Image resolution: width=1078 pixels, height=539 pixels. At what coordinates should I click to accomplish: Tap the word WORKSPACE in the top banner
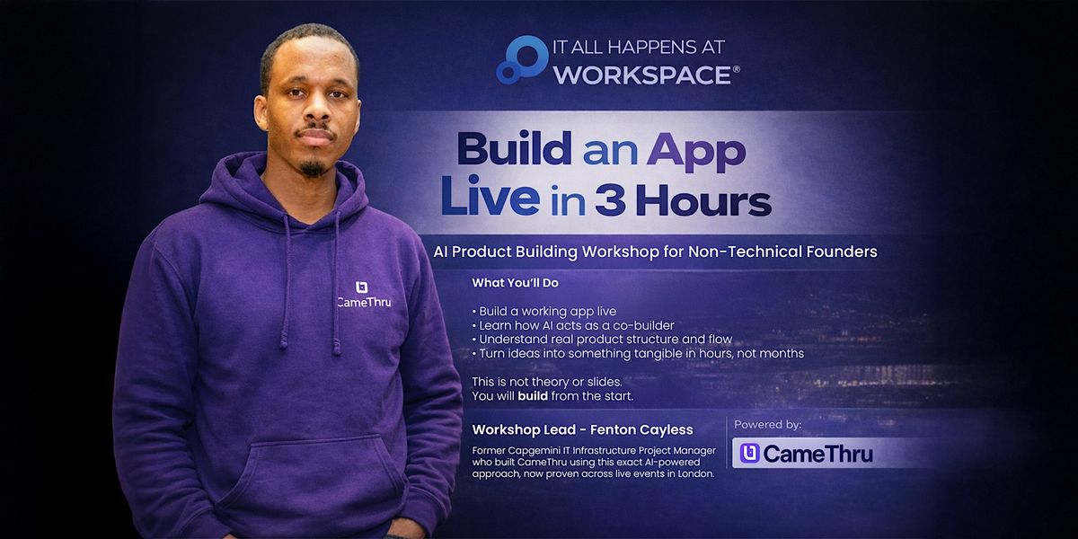(642, 75)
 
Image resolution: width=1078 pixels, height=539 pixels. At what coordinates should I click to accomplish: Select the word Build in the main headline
(515, 150)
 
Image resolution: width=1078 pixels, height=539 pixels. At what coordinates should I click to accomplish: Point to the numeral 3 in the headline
(610, 200)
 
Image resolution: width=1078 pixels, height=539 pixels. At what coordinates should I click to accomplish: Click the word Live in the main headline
(490, 197)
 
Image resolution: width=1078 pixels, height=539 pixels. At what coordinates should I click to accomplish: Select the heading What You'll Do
(515, 283)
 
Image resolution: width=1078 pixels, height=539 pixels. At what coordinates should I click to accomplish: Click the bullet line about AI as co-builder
(573, 325)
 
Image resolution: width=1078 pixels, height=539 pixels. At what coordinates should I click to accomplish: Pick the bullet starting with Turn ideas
(638, 354)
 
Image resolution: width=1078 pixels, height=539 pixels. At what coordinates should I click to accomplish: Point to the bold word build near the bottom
(533, 396)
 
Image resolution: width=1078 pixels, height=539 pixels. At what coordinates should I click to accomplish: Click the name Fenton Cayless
(642, 429)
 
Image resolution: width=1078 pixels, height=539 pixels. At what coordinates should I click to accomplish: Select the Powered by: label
(767, 424)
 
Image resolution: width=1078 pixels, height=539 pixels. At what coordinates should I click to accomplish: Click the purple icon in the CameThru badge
(750, 454)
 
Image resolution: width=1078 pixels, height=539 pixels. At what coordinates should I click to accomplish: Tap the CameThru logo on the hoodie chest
(363, 295)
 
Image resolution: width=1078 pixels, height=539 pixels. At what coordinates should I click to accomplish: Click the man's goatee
(314, 168)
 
